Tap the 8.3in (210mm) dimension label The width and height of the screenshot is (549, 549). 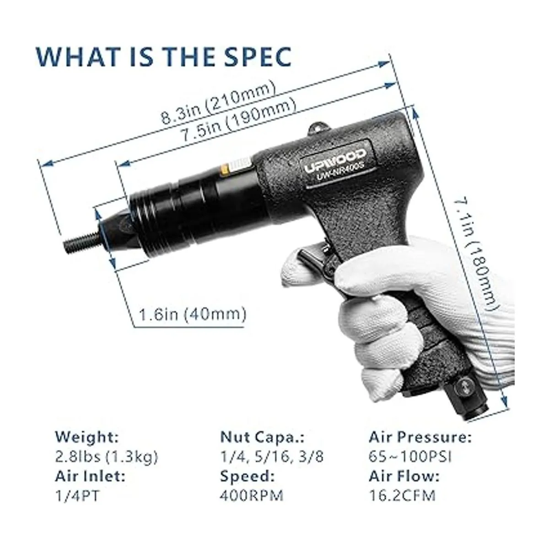[x=219, y=102]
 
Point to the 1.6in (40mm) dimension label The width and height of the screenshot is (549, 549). [x=192, y=314]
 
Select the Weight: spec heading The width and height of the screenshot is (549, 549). [x=87, y=445]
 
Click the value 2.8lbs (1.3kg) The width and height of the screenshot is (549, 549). [x=106, y=465]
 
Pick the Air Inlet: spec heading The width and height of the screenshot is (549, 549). [x=90, y=484]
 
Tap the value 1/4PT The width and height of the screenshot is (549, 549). [x=77, y=504]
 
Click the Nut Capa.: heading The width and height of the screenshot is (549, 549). [x=263, y=445]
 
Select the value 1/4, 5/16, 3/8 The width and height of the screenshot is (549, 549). [x=272, y=465]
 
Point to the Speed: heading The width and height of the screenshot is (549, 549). [x=248, y=484]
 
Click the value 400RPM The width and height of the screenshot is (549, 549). [x=252, y=504]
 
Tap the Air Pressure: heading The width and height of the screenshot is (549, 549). [x=420, y=445]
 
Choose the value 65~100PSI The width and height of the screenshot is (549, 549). [x=410, y=465]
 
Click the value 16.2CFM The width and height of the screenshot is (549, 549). [x=402, y=504]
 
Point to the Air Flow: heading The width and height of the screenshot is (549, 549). [x=404, y=484]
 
